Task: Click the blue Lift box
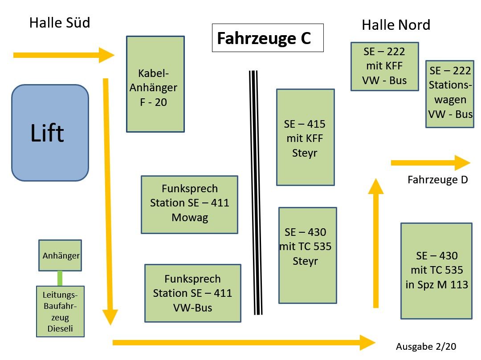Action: point(50,133)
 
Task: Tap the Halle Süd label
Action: point(60,23)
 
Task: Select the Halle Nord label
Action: point(395,25)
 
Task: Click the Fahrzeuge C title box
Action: point(267,38)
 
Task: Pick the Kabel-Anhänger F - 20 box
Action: point(155,84)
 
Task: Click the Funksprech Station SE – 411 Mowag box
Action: point(189,204)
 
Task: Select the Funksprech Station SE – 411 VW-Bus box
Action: point(192,293)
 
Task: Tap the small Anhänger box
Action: point(60,255)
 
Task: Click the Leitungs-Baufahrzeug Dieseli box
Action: point(60,311)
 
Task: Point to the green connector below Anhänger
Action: point(60,278)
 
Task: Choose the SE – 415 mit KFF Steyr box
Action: point(305,137)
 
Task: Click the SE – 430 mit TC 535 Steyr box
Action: point(307,255)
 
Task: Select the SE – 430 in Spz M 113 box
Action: point(436,271)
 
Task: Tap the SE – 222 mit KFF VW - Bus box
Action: point(384,66)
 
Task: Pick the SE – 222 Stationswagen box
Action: point(449,94)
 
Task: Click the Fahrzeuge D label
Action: point(437,180)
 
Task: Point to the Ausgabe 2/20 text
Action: point(426,347)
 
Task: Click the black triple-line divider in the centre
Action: point(256,193)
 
